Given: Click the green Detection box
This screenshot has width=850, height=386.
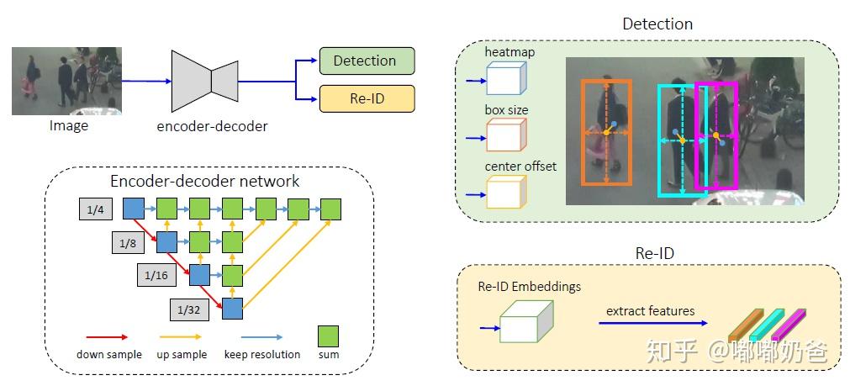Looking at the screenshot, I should click(367, 61).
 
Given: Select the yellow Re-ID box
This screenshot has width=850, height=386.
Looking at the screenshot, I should click(367, 98).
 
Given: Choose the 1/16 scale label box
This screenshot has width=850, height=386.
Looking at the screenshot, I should click(156, 275).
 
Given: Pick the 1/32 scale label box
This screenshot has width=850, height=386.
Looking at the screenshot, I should click(187, 309).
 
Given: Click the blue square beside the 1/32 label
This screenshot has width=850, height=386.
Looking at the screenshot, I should click(231, 309).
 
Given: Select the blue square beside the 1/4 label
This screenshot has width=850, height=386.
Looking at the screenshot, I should click(134, 209).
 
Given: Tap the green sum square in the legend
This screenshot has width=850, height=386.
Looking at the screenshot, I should click(329, 336).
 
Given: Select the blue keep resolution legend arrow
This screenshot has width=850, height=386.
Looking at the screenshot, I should click(261, 336).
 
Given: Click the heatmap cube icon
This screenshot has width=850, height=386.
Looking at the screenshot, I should click(505, 79).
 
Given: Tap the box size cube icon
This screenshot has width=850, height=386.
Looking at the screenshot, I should click(505, 134).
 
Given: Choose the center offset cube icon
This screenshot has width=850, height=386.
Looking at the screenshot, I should click(505, 191).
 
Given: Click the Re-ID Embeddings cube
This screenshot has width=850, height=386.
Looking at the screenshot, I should click(526, 323).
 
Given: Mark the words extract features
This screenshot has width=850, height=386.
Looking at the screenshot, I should click(650, 311).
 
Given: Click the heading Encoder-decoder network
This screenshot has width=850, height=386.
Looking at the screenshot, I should click(205, 181).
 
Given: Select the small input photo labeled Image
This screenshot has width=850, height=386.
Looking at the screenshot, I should click(66, 81).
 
